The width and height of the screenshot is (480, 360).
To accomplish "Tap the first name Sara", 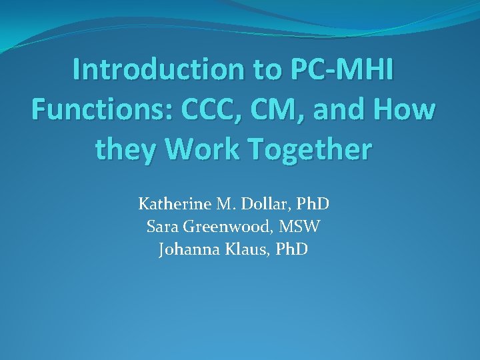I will [x=162, y=227].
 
